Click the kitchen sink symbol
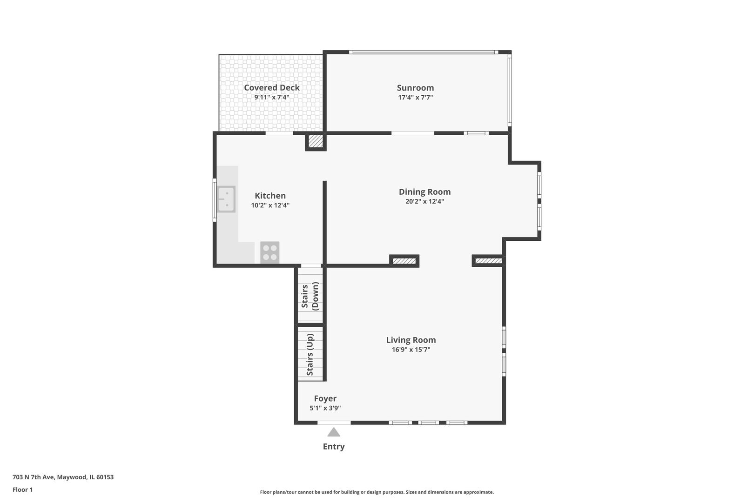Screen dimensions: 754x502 [226, 199]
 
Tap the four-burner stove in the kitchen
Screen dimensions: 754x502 [269, 252]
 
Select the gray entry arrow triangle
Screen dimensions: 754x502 [334, 432]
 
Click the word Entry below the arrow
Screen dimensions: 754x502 [334, 447]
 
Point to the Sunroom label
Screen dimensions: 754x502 [415, 88]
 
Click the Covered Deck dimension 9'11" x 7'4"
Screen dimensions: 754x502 [272, 98]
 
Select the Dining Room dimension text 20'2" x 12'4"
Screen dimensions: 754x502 [425, 201]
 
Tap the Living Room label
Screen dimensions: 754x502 [411, 340]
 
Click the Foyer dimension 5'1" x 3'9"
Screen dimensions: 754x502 [325, 408]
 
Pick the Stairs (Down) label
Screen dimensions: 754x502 [310, 296]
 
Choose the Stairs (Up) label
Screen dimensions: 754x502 [310, 355]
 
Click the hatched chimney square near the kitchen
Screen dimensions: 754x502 [316, 141]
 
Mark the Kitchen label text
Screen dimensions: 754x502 [270, 196]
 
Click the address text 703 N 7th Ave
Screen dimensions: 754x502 [34, 477]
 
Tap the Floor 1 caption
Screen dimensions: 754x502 [22, 489]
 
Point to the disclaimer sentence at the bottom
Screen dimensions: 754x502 [377, 492]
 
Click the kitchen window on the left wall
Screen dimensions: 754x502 [215, 200]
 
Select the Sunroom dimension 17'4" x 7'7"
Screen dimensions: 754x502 [415, 98]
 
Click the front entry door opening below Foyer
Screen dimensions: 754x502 [334, 423]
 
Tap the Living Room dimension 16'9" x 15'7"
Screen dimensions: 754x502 [411, 350]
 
